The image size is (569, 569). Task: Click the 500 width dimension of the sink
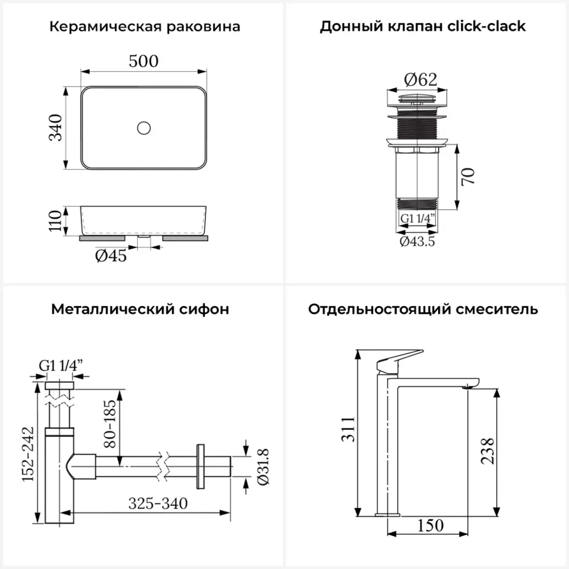[143, 61]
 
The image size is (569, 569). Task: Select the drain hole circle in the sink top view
[143, 127]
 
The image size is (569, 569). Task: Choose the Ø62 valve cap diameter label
[420, 80]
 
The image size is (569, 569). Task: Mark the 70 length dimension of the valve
[468, 176]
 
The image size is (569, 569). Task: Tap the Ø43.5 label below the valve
[417, 242]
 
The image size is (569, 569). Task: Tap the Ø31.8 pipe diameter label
[263, 467]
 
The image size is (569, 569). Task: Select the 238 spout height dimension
[486, 451]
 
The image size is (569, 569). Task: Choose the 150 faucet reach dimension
[431, 525]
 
